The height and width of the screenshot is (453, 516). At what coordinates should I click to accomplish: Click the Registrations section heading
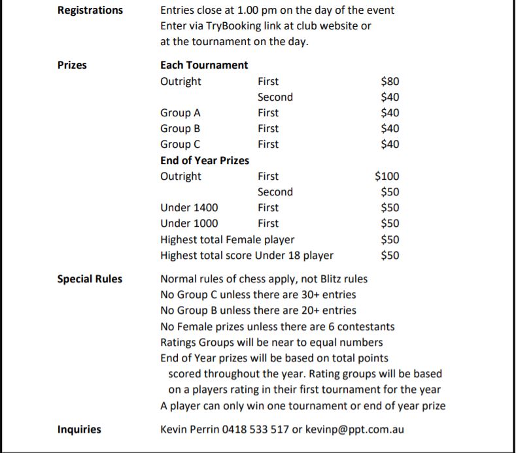click(90, 10)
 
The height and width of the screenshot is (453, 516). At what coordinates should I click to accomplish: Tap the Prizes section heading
click(72, 65)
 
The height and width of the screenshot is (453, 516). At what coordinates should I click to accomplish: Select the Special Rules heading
click(90, 279)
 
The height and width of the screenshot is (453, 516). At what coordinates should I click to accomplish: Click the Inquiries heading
click(79, 429)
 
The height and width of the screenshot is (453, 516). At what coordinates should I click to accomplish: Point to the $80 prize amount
click(390, 81)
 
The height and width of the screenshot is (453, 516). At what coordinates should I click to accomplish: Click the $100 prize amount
click(387, 176)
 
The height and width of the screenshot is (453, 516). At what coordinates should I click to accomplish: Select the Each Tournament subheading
click(204, 65)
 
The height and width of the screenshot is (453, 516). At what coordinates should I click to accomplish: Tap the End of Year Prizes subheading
click(205, 160)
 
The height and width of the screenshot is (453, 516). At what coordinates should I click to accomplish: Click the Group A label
click(181, 112)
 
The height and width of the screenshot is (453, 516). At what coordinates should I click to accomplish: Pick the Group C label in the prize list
click(181, 144)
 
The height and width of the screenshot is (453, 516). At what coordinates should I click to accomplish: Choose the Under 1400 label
click(189, 208)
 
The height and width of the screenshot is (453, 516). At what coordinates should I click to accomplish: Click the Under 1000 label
click(189, 224)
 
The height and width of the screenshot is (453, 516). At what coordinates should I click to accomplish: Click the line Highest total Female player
click(227, 240)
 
